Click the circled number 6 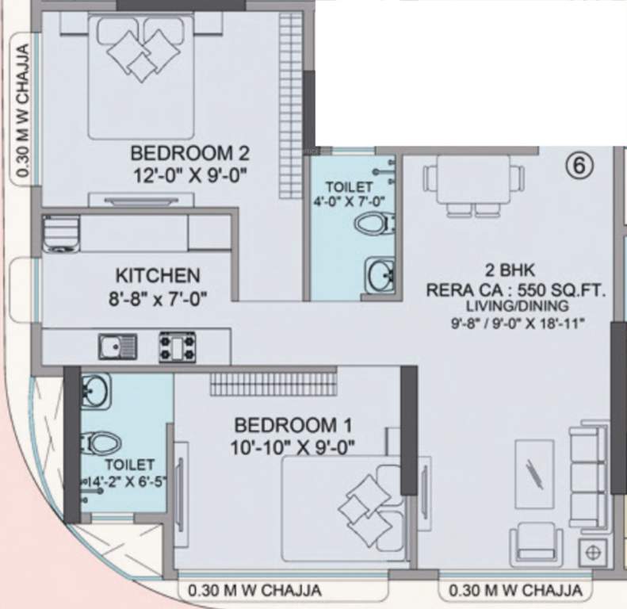click(x=579, y=166)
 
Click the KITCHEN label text click(x=158, y=276)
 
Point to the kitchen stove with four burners click(x=178, y=346)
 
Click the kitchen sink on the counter click(x=117, y=347)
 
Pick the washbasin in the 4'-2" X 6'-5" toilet click(x=96, y=391)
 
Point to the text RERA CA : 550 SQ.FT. click(x=515, y=290)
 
